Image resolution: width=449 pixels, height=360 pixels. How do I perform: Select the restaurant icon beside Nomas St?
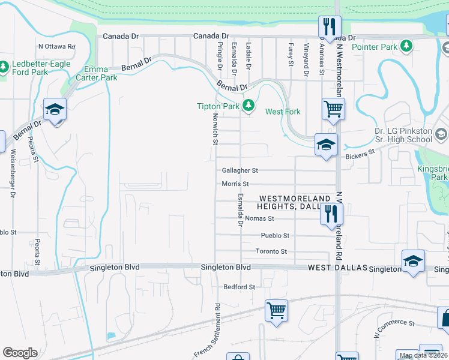(331, 214)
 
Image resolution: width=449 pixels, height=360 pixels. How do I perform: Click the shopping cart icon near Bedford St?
(276, 310)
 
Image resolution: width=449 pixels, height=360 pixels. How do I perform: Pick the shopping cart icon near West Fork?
(333, 109)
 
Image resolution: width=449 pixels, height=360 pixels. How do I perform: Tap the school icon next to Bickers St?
(327, 145)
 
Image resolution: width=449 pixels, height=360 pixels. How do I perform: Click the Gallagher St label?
(240, 170)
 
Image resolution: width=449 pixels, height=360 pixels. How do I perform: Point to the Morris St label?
(235, 184)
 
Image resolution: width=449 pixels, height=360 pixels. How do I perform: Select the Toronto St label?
(271, 251)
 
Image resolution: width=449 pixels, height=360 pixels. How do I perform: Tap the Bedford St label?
(239, 287)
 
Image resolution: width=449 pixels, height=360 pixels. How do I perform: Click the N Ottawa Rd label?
(56, 46)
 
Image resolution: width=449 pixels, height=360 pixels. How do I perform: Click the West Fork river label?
(283, 112)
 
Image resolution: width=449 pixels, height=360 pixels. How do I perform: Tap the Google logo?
(20, 353)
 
